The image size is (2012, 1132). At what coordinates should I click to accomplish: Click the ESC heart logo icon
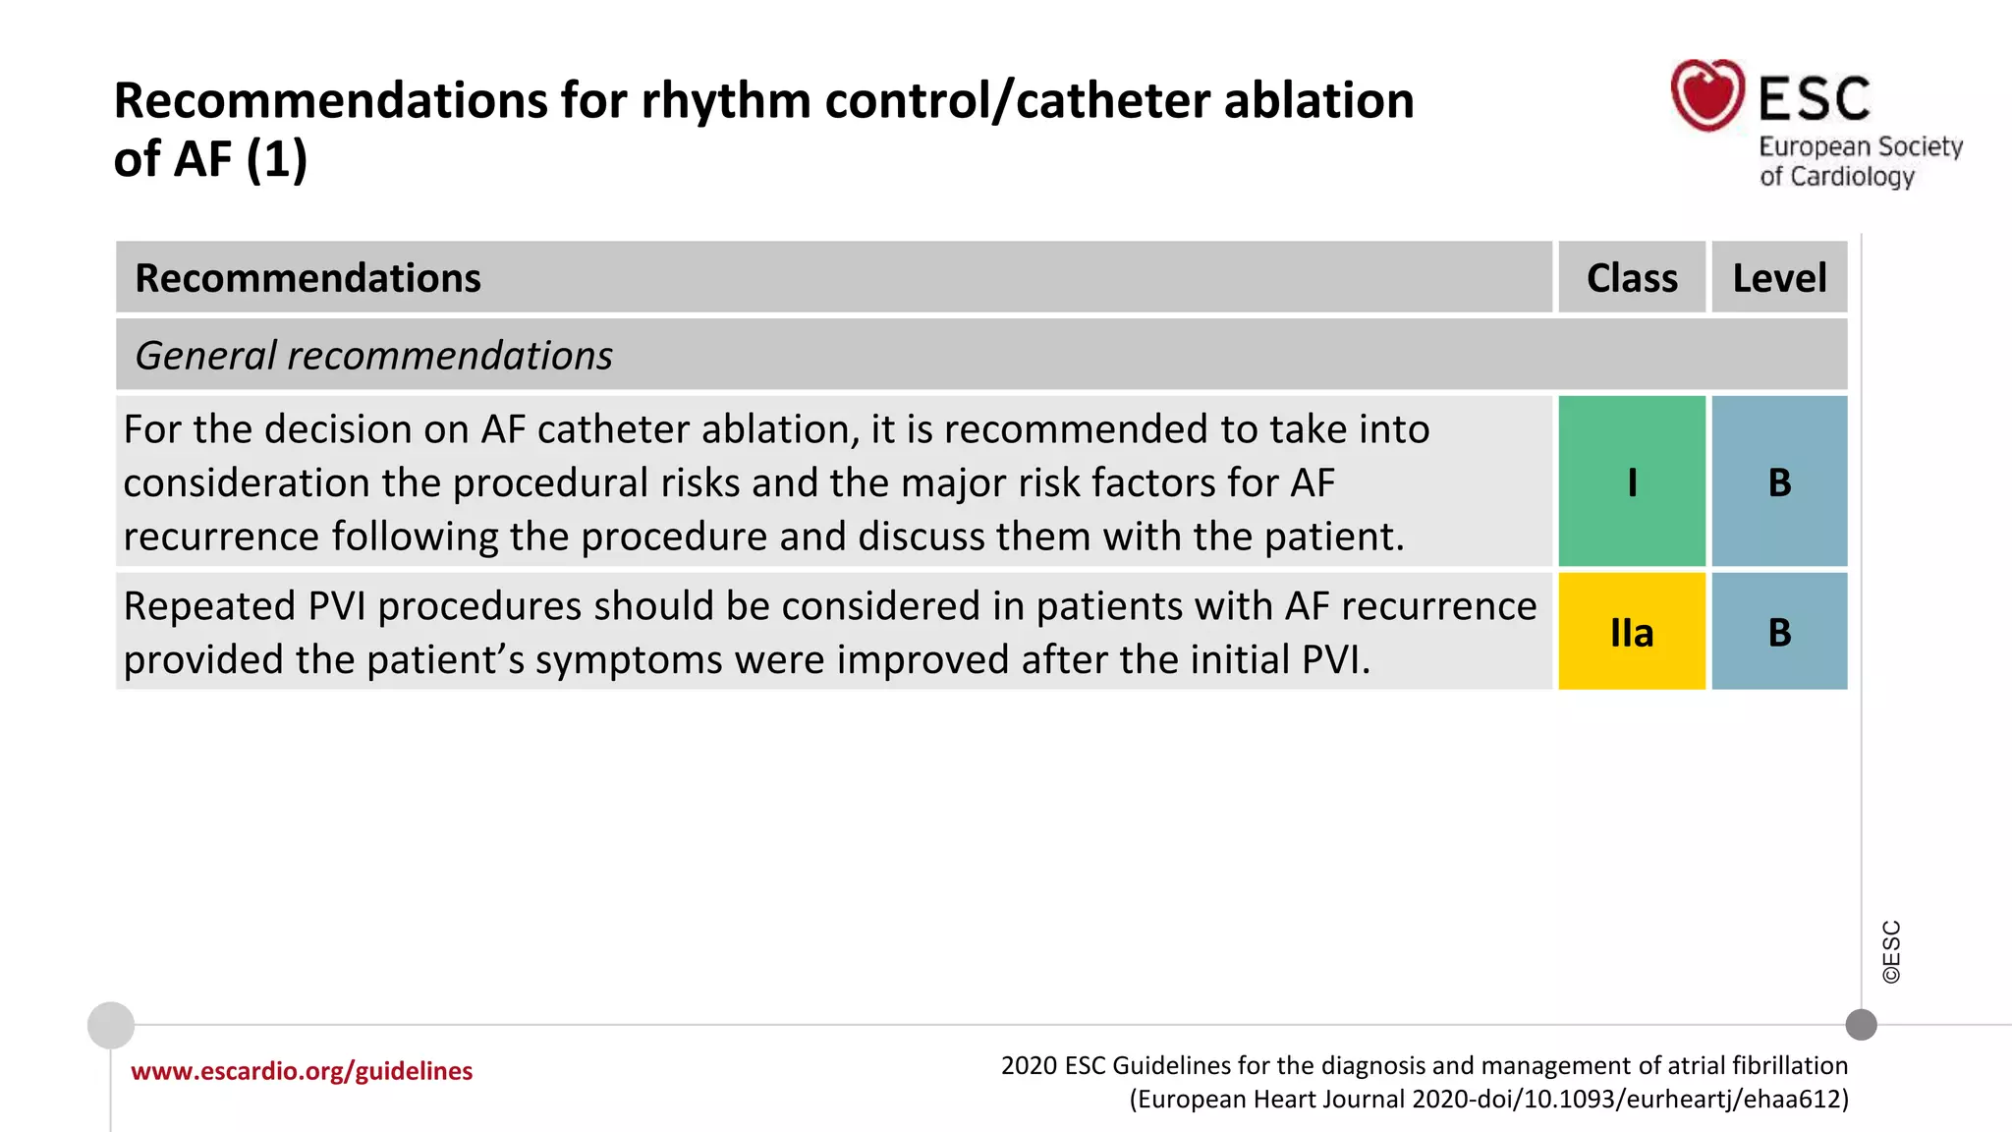1707,95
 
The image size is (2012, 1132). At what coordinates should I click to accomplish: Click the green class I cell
1632,481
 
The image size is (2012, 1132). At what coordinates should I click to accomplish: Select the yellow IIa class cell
1632,632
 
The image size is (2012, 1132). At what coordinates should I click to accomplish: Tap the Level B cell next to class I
1779,481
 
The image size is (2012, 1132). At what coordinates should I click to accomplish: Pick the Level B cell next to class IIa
1779,632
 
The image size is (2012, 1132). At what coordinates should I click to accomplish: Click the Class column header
1632,278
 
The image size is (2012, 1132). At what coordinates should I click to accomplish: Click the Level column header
1779,278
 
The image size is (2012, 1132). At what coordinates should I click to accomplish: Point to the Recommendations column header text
307,278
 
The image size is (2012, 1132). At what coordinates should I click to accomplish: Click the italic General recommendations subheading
373,355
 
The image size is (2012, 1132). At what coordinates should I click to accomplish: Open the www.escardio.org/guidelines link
302,1071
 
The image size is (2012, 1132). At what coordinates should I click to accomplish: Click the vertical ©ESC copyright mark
1891,951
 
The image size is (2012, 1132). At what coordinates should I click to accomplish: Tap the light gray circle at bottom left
111,1025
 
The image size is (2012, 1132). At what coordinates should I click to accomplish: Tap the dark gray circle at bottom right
1861,1025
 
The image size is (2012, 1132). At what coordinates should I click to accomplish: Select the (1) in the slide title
276,159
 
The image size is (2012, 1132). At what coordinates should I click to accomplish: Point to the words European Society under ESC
1860,146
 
